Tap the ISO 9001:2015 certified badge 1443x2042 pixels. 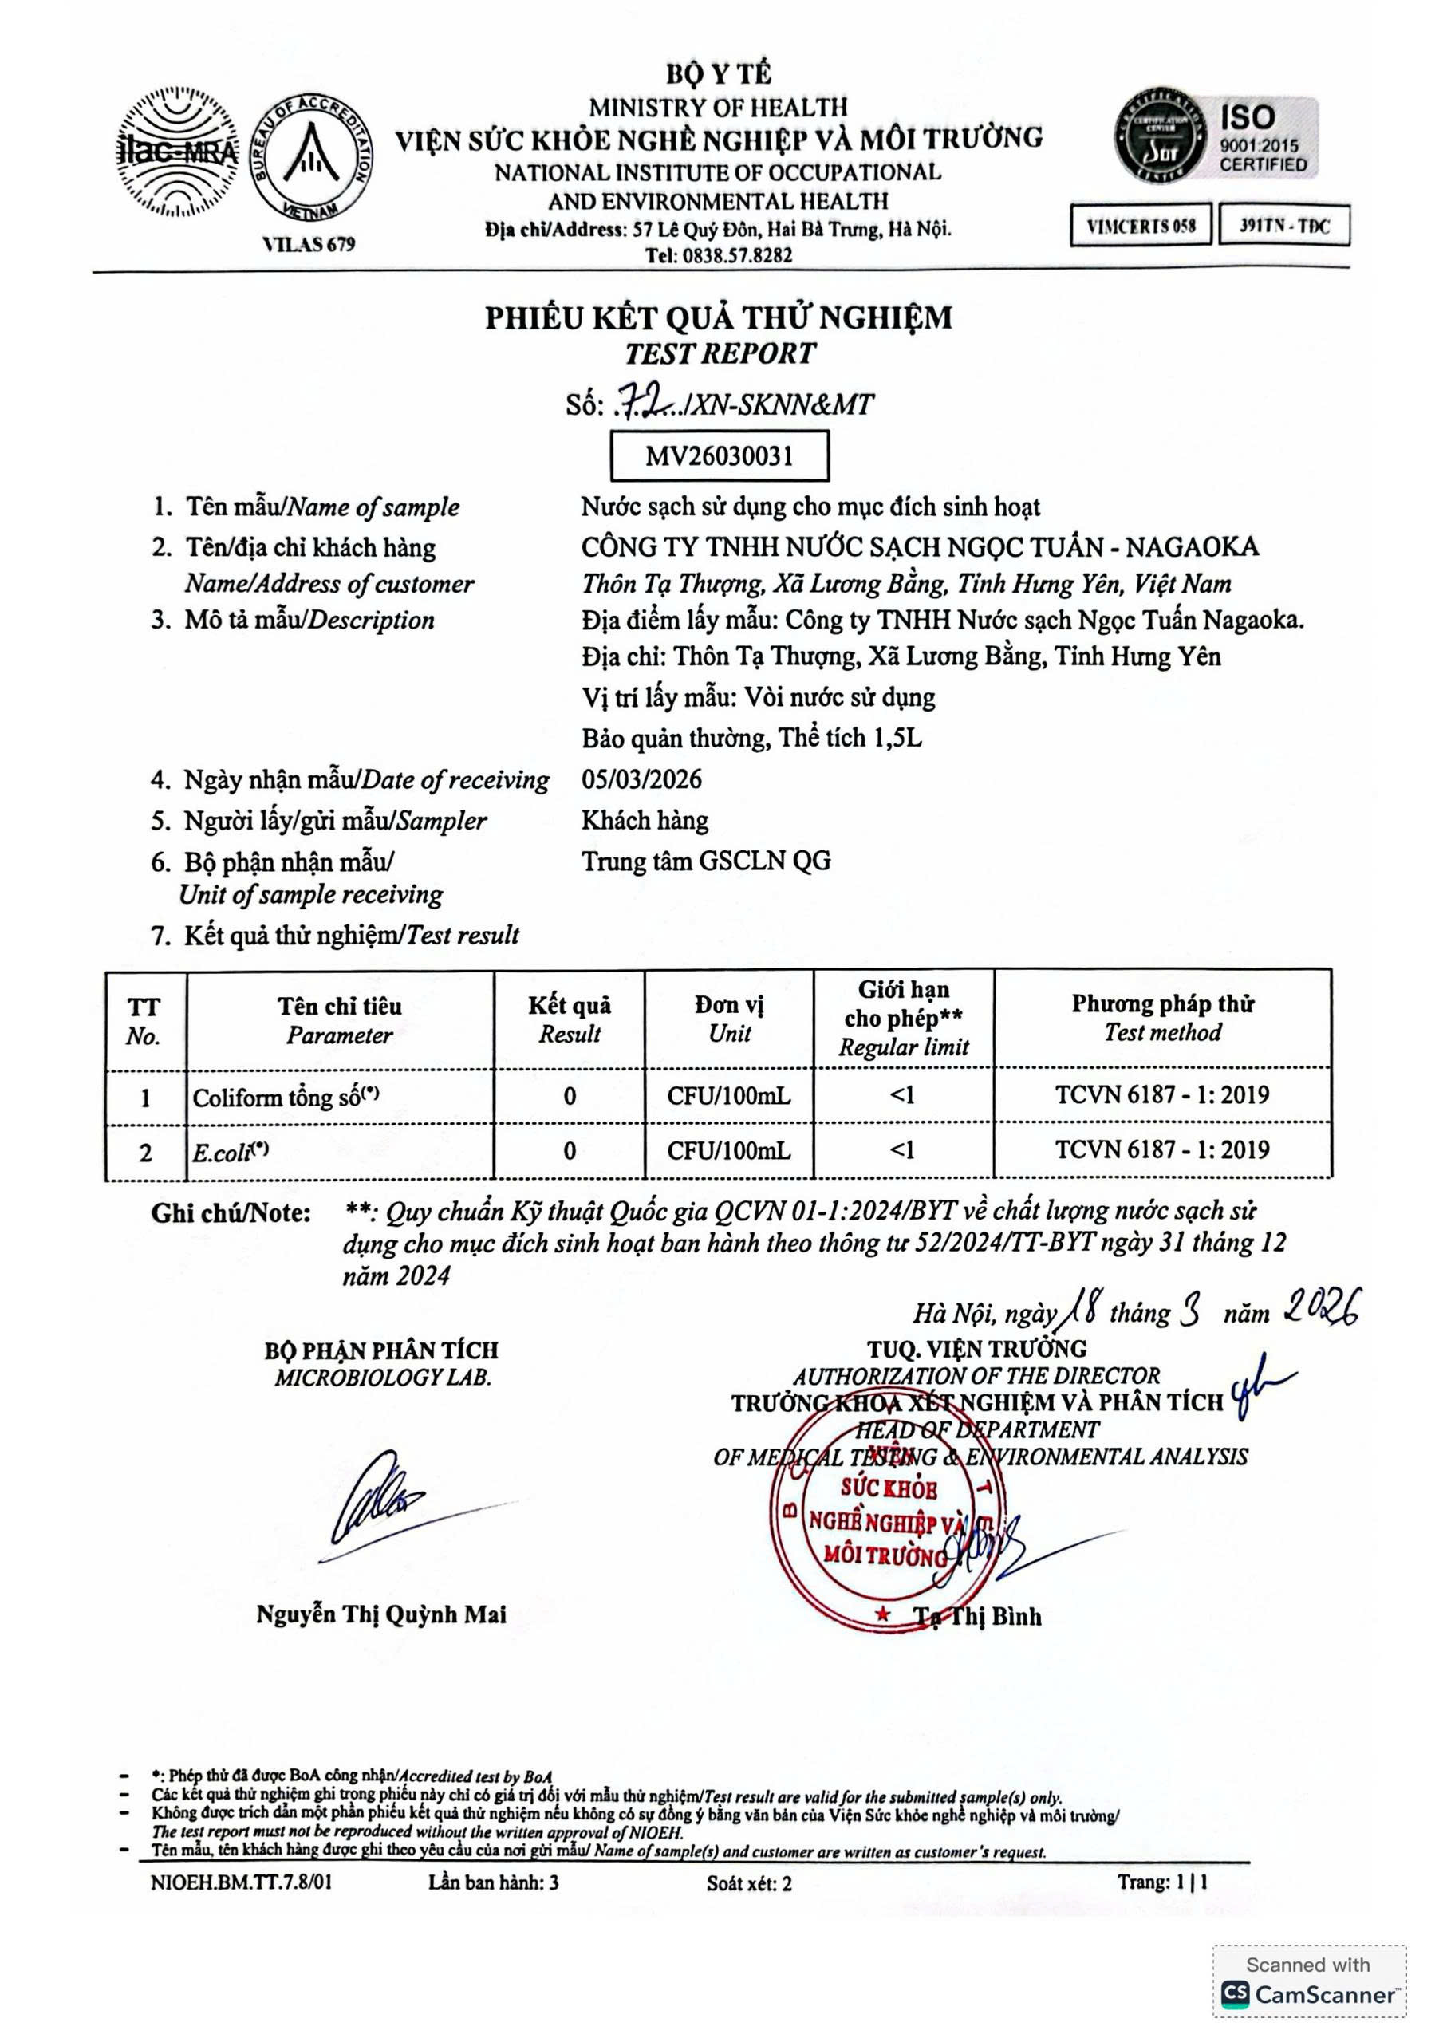(1216, 138)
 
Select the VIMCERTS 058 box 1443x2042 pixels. (1141, 226)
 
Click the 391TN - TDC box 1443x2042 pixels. (1283, 226)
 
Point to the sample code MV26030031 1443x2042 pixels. (719, 456)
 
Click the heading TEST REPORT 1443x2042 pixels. (719, 354)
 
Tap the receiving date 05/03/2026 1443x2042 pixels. (641, 780)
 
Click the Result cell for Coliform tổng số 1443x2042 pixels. (570, 1097)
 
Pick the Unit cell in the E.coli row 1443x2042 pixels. (728, 1151)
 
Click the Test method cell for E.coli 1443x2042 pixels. (1162, 1150)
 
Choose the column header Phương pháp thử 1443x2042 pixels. (1162, 1004)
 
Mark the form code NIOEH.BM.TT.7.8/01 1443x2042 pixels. (241, 1882)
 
